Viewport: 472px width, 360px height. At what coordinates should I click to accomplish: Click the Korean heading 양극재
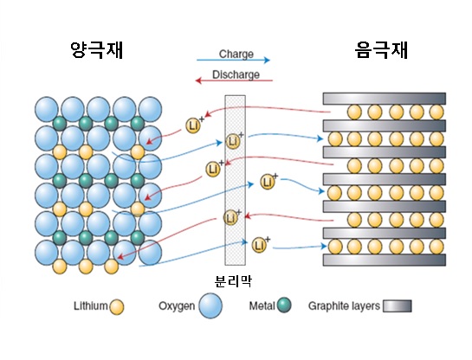(x=97, y=49)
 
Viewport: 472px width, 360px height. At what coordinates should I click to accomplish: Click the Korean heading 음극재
(x=381, y=49)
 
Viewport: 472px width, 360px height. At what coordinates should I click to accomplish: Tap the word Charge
(x=236, y=55)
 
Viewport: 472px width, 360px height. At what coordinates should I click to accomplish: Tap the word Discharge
(x=236, y=74)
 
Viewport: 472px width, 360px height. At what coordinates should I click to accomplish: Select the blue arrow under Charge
(x=233, y=60)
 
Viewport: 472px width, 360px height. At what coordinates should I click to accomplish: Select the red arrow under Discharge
(x=234, y=80)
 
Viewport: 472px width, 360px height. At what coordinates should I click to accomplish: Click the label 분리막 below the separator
(x=233, y=281)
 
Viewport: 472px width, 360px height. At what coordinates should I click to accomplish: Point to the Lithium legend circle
(x=117, y=307)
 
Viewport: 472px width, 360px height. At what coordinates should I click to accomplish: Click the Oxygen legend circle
(x=210, y=305)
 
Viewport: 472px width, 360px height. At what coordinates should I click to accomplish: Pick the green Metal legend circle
(x=284, y=305)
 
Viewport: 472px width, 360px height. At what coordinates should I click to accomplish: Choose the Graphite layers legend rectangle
(x=397, y=305)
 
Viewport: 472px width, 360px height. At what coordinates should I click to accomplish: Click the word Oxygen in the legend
(x=177, y=306)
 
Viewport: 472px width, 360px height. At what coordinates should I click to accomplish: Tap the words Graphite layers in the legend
(x=344, y=306)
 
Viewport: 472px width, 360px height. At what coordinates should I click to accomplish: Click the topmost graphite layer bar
(x=385, y=99)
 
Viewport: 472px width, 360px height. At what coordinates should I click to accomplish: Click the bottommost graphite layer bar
(x=385, y=260)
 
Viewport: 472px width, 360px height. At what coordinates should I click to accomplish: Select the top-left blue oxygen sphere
(x=47, y=109)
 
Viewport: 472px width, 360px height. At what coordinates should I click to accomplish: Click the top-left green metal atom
(x=59, y=123)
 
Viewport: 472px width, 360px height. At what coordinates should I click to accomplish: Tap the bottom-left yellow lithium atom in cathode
(x=59, y=267)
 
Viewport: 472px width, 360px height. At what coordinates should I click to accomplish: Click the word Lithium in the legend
(x=91, y=305)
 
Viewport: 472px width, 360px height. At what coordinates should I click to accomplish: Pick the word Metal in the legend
(x=262, y=305)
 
